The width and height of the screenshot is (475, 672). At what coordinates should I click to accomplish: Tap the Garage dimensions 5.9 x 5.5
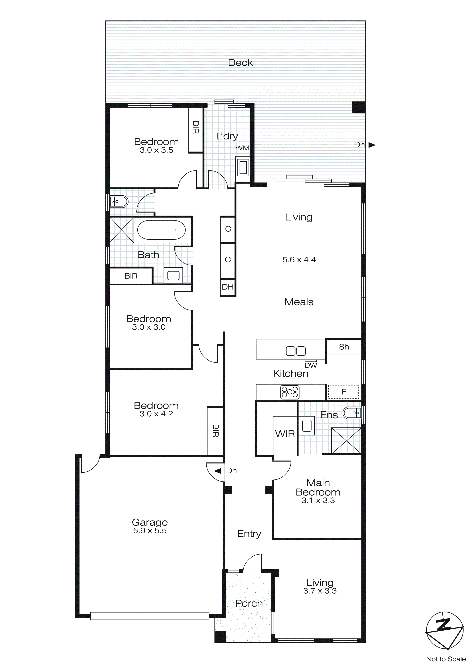click(x=150, y=531)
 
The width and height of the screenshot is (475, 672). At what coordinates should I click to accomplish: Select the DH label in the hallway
click(x=228, y=287)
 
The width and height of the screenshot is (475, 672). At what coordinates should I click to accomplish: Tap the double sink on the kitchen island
click(x=296, y=351)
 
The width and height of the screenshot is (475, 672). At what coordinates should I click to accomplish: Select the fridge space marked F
click(x=344, y=392)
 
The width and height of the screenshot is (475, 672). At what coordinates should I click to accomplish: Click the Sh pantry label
click(x=344, y=347)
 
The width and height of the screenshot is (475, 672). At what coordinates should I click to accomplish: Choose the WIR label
click(x=285, y=434)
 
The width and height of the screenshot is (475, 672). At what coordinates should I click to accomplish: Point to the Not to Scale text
click(x=446, y=659)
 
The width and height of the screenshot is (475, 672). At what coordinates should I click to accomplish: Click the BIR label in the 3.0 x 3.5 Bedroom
click(x=196, y=128)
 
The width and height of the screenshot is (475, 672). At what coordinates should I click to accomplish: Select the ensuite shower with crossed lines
click(x=346, y=441)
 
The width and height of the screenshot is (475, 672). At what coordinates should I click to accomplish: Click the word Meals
click(x=299, y=302)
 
